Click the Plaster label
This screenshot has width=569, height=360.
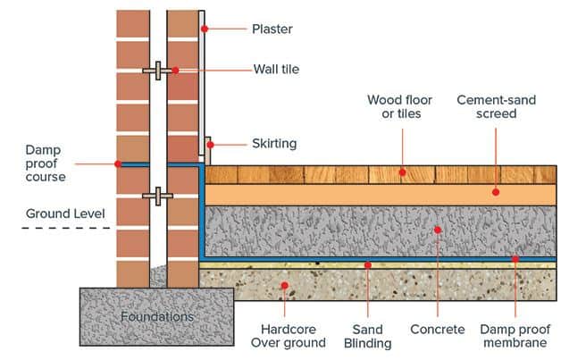(273, 29)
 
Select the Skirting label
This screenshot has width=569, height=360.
(273, 143)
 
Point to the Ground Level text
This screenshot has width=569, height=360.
(65, 213)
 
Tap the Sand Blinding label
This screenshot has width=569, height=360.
(367, 336)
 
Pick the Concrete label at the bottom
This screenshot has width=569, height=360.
(437, 330)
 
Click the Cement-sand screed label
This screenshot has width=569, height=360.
(497, 108)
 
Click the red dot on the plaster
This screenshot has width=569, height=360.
(205, 29)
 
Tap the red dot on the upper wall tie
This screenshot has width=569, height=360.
(175, 70)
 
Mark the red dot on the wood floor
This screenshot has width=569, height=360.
(402, 172)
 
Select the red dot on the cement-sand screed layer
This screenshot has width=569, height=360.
(496, 190)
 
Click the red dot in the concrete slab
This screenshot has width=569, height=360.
(438, 230)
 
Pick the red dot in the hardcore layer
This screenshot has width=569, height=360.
(285, 286)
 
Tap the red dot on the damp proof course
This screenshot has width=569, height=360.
(117, 163)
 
